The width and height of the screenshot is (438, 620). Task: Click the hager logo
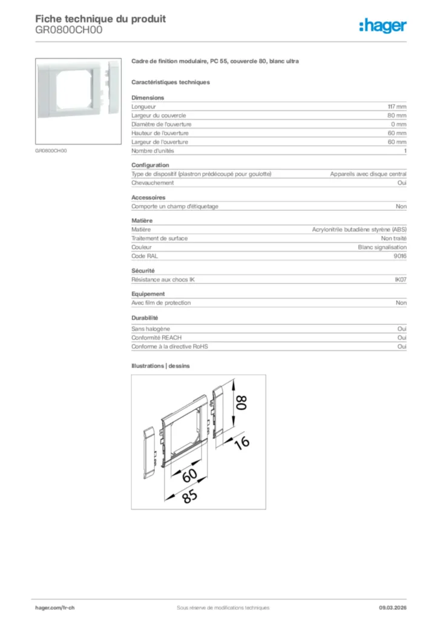click(383, 25)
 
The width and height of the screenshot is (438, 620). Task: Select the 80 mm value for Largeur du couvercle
click(397, 115)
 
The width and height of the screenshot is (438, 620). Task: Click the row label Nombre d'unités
click(152, 150)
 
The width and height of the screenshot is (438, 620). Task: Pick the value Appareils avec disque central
click(368, 174)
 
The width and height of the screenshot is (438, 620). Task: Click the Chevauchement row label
click(152, 182)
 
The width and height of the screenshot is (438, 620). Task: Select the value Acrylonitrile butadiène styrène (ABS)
click(359, 229)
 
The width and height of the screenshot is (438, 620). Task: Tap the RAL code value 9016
click(400, 256)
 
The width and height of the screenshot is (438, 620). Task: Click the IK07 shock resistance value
click(400, 279)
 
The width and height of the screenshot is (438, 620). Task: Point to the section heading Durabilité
click(145, 318)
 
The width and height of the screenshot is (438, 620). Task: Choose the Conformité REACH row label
click(156, 337)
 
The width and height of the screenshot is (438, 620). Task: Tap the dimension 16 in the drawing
click(242, 443)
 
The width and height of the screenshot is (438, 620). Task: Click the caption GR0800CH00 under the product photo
click(51, 151)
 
